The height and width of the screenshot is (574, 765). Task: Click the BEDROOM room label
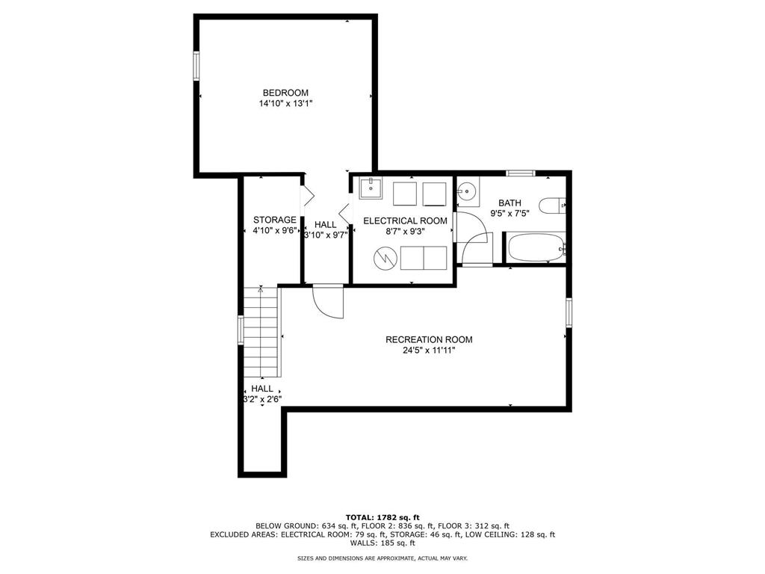click(x=285, y=93)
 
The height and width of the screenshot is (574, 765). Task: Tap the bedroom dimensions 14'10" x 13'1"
click(x=285, y=103)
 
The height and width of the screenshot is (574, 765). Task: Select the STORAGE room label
click(x=275, y=220)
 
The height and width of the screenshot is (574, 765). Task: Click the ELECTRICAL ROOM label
click(x=405, y=220)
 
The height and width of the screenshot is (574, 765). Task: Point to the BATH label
click(x=510, y=203)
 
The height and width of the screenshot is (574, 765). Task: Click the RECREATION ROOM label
click(x=429, y=340)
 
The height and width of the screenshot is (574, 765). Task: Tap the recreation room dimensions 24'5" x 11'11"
click(x=429, y=351)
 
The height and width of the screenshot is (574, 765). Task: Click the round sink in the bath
click(x=468, y=191)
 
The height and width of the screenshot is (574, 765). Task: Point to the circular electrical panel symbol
click(x=385, y=258)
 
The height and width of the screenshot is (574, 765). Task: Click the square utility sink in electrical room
click(x=371, y=188)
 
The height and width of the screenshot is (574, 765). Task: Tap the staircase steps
click(x=261, y=333)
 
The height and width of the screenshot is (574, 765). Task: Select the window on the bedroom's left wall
click(x=196, y=66)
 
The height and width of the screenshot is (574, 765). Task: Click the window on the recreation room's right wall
click(x=569, y=312)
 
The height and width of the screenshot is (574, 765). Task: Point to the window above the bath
click(x=521, y=173)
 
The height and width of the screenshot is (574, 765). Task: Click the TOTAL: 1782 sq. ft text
click(x=382, y=517)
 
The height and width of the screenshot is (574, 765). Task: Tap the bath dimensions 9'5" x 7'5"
click(x=510, y=213)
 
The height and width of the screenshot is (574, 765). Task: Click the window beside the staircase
click(x=241, y=330)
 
